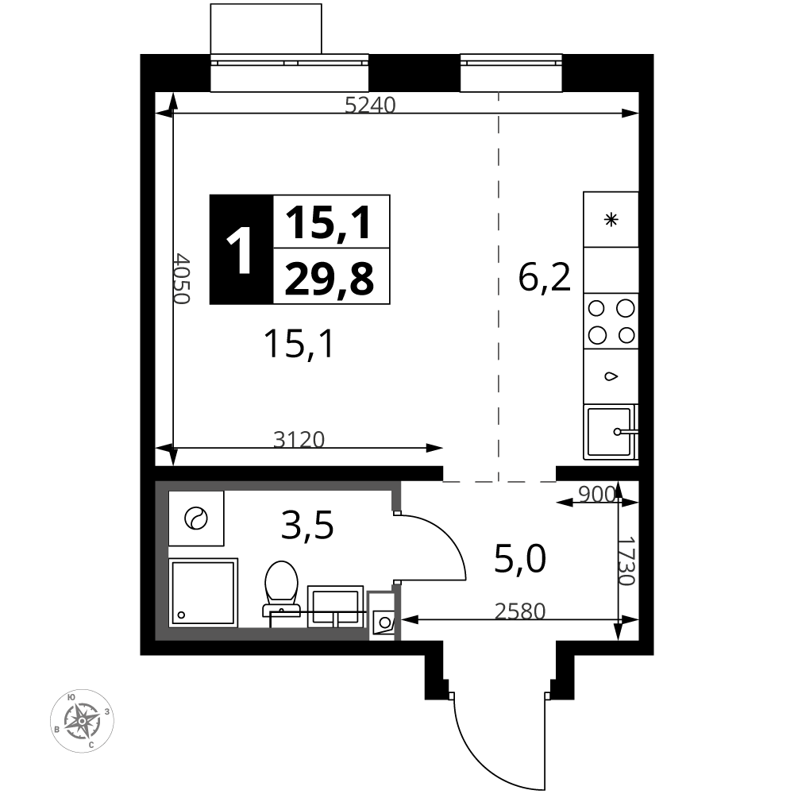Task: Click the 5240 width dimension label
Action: tap(370, 105)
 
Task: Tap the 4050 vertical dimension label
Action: tap(181, 279)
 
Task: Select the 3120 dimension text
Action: tap(299, 440)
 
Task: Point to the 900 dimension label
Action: tap(596, 494)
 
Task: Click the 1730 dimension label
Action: tap(627, 561)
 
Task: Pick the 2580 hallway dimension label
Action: tap(520, 611)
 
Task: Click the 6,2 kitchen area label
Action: tap(545, 277)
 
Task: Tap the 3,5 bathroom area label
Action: tap(307, 525)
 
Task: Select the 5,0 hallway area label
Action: tap(520, 559)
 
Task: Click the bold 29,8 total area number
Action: tap(330, 279)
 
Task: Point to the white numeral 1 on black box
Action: tap(239, 250)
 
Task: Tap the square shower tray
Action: tap(202, 592)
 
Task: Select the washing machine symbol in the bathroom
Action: tap(196, 518)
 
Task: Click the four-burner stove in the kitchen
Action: tap(611, 321)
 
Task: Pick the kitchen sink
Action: tap(611, 431)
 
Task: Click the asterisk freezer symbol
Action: tap(611, 220)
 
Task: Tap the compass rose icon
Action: tap(82, 720)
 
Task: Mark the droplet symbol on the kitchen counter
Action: tap(611, 376)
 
